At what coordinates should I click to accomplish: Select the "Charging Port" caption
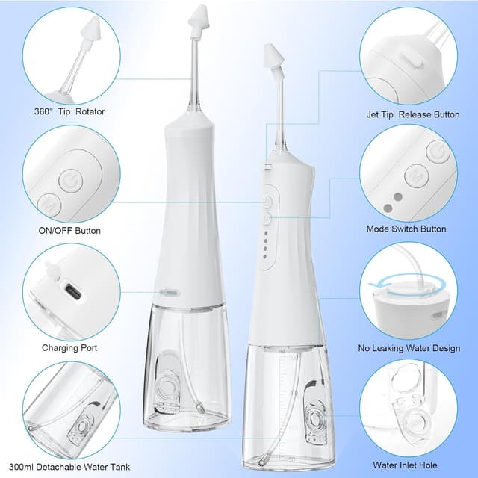(69, 347)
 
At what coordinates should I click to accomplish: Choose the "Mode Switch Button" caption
(406, 229)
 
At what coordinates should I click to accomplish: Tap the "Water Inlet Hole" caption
(407, 466)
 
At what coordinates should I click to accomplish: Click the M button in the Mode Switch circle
(415, 177)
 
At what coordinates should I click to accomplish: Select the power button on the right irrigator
(268, 202)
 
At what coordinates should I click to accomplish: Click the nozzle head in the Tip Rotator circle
(86, 37)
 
